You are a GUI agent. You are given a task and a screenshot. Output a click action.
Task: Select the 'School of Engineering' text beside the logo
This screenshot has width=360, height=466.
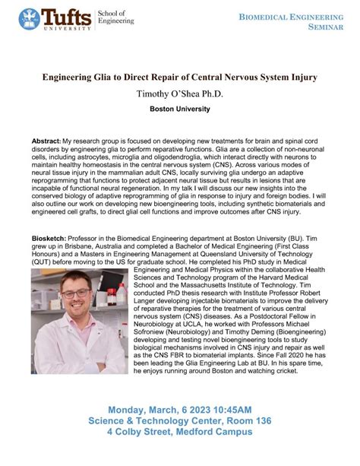pos(117,17)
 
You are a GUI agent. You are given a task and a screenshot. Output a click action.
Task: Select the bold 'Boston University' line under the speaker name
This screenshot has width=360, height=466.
pos(180,109)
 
